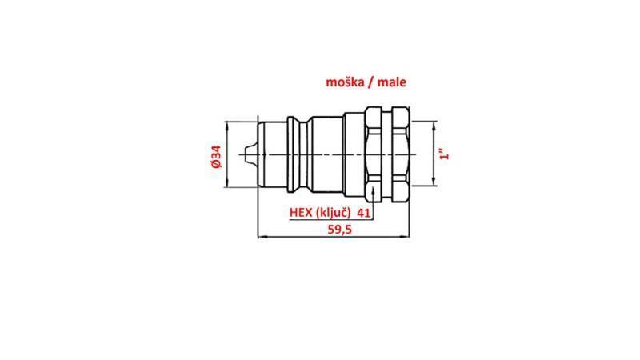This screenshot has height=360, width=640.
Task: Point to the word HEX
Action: pyautogui.click(x=301, y=213)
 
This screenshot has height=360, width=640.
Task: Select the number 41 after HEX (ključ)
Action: pyautogui.click(x=363, y=213)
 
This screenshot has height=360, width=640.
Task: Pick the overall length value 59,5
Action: pyautogui.click(x=340, y=229)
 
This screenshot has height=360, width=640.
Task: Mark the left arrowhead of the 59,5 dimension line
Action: pyautogui.click(x=259, y=236)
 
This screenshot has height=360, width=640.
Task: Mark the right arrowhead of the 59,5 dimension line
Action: pyautogui.click(x=406, y=236)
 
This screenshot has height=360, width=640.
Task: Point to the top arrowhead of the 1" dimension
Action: pyautogui.click(x=435, y=125)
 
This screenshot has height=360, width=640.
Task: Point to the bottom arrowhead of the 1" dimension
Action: pyautogui.click(x=435, y=182)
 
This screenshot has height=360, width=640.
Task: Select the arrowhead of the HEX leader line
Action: pyautogui.click(x=374, y=188)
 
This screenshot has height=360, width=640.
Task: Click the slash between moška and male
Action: pyautogui.click(x=372, y=82)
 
